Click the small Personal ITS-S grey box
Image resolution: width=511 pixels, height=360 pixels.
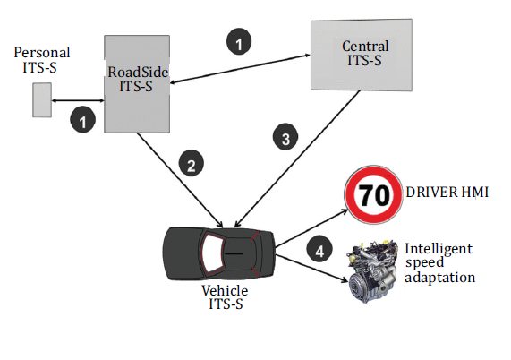pyautogui.click(x=42, y=99)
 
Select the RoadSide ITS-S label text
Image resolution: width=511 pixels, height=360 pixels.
pyautogui.click(x=138, y=79)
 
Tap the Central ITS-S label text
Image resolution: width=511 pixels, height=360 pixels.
pyautogui.click(x=365, y=53)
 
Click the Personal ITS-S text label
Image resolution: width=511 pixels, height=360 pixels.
pyautogui.click(x=42, y=60)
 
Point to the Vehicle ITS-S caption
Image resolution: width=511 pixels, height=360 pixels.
pyautogui.click(x=225, y=297)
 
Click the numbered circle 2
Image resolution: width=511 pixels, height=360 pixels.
pyautogui.click(x=192, y=163)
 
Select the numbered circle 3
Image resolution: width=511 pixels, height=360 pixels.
pyautogui.click(x=285, y=137)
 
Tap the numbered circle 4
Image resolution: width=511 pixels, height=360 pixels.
pyautogui.click(x=319, y=249)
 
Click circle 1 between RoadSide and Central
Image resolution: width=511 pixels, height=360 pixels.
pyautogui.click(x=239, y=41)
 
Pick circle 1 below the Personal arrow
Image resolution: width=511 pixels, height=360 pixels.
pyautogui.click(x=82, y=120)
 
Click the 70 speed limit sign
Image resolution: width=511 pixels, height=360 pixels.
pyautogui.click(x=373, y=194)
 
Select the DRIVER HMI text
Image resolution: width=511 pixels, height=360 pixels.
pyautogui.click(x=447, y=192)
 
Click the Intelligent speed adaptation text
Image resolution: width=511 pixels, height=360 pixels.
pyautogui.click(x=439, y=262)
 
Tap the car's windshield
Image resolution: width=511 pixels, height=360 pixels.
pyautogui.click(x=211, y=253)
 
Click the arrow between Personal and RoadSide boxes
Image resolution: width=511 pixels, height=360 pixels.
pyautogui.click(x=78, y=101)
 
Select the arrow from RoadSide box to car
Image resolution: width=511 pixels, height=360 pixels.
pyautogui.click(x=180, y=180)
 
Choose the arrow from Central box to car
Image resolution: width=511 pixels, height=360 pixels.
pyautogui.click(x=297, y=159)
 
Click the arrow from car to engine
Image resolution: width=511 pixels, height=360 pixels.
pyautogui.click(x=311, y=269)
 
